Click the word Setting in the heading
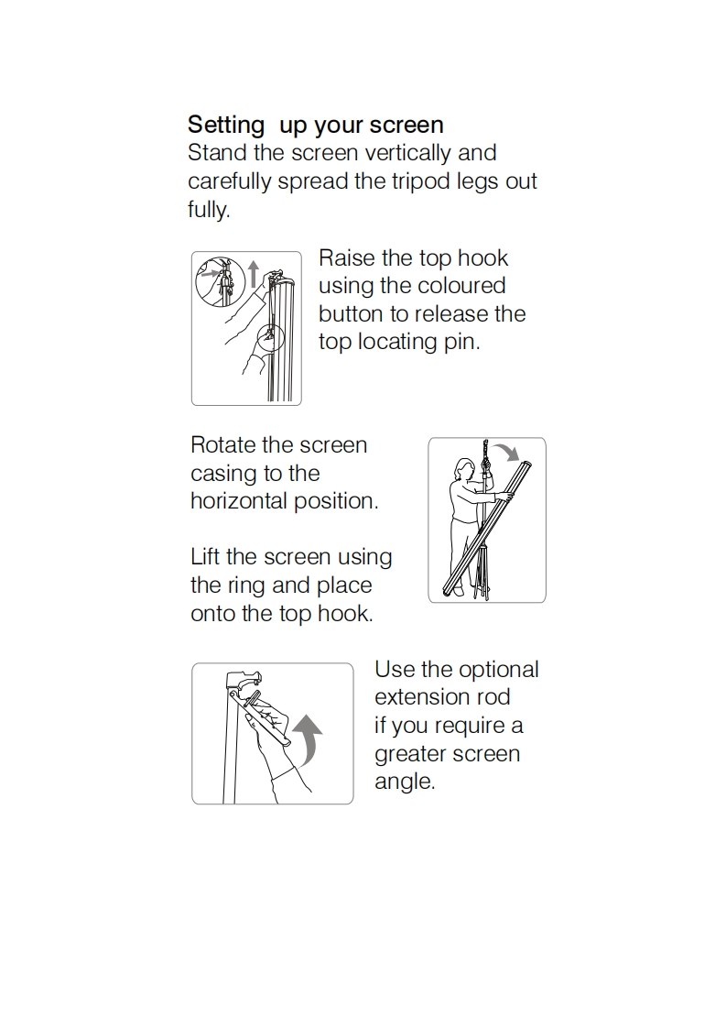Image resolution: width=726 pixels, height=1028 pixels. (x=226, y=126)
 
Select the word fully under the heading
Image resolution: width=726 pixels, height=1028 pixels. (x=209, y=210)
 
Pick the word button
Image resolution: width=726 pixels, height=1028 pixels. (x=352, y=314)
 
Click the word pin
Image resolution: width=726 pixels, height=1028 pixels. (x=462, y=343)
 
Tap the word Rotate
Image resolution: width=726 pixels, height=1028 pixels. (x=222, y=445)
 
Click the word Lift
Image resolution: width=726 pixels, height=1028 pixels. (x=205, y=557)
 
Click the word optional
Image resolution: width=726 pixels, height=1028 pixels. (x=499, y=670)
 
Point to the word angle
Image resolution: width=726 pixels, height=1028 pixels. (x=405, y=782)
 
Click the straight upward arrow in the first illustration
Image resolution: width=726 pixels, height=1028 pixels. (x=254, y=274)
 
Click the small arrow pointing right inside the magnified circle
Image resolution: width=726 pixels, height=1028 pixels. (x=209, y=276)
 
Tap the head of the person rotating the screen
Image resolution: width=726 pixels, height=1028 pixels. (x=462, y=469)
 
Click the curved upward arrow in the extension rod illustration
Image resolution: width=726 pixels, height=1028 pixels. (x=308, y=738)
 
